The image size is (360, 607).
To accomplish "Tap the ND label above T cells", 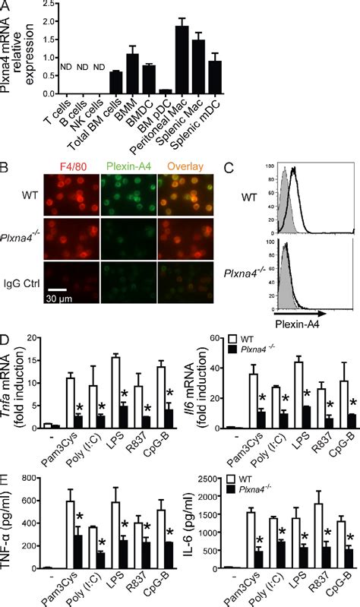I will [x=64, y=74].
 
